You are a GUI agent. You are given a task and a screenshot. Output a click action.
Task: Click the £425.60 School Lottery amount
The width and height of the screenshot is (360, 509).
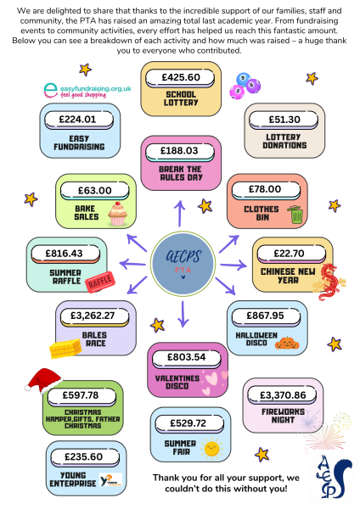coord(181,77)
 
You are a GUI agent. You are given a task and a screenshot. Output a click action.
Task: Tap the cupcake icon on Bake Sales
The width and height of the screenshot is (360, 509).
coord(118,213)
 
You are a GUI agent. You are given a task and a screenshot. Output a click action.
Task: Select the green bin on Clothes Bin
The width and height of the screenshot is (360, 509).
coord(295,215)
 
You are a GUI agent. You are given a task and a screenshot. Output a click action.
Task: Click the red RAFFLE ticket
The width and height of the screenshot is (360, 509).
coord(100,282)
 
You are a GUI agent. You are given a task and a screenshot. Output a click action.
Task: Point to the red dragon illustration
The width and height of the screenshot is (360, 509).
coord(328,282)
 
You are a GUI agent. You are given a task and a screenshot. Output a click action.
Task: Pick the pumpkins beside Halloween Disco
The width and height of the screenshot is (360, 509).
coord(287,343)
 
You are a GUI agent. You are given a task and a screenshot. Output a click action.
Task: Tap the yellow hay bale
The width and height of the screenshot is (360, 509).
coord(65,349)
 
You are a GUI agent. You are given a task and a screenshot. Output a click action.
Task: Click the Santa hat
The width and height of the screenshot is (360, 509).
coord(44,380)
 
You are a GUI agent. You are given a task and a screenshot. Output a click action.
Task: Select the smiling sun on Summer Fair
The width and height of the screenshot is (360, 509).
coord(211,449)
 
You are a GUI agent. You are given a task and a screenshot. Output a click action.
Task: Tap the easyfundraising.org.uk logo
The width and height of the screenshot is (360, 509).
coord(87,90)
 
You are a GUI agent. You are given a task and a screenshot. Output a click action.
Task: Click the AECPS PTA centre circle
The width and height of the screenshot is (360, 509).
coord(183,264)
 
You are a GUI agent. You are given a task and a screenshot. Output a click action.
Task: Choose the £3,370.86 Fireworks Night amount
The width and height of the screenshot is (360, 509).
coord(283,395)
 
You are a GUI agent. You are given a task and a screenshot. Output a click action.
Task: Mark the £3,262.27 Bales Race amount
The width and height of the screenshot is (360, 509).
coord(93,316)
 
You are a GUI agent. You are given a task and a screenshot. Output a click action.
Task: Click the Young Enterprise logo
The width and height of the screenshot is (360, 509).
coord(110,480)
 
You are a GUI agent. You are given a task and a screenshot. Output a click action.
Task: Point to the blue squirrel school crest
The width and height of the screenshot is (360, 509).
coord(334,477)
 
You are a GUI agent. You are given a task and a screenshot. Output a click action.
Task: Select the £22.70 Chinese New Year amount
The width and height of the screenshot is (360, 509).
coord(289,253)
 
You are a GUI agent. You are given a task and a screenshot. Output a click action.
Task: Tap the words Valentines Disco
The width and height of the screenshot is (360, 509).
coord(177,382)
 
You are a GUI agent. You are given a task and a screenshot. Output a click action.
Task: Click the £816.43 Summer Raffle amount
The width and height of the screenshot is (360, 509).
coord(64,253)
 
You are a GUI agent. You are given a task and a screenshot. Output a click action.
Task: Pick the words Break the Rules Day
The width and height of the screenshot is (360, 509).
coord(180,173)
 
